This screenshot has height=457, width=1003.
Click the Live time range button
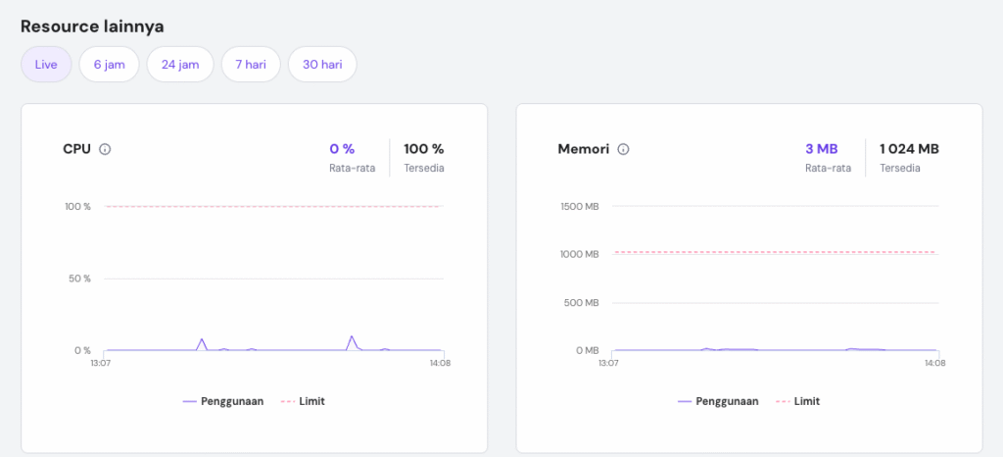[x=46, y=65]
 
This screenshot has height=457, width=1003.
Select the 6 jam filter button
[x=109, y=65]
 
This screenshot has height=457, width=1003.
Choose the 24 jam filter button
[x=180, y=65]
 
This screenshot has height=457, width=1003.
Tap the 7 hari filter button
[x=251, y=65]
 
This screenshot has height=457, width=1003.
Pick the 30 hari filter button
[x=322, y=65]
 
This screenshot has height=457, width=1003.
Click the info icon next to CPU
[x=105, y=149]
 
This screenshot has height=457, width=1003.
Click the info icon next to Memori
[x=623, y=149]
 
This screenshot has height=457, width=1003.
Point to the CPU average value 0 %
[x=342, y=149]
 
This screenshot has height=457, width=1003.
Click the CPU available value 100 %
[x=423, y=149]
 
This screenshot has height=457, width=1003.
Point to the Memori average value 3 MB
[x=821, y=149]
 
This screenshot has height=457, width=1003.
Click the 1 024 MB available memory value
[x=909, y=149]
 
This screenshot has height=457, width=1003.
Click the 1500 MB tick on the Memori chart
[x=579, y=206]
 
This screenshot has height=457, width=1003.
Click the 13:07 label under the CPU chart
[x=100, y=363]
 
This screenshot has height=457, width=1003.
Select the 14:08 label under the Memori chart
[x=935, y=363]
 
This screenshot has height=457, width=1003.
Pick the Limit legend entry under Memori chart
[x=806, y=401]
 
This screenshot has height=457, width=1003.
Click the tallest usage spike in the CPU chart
[x=351, y=337]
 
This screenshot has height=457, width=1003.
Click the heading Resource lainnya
[x=92, y=26]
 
